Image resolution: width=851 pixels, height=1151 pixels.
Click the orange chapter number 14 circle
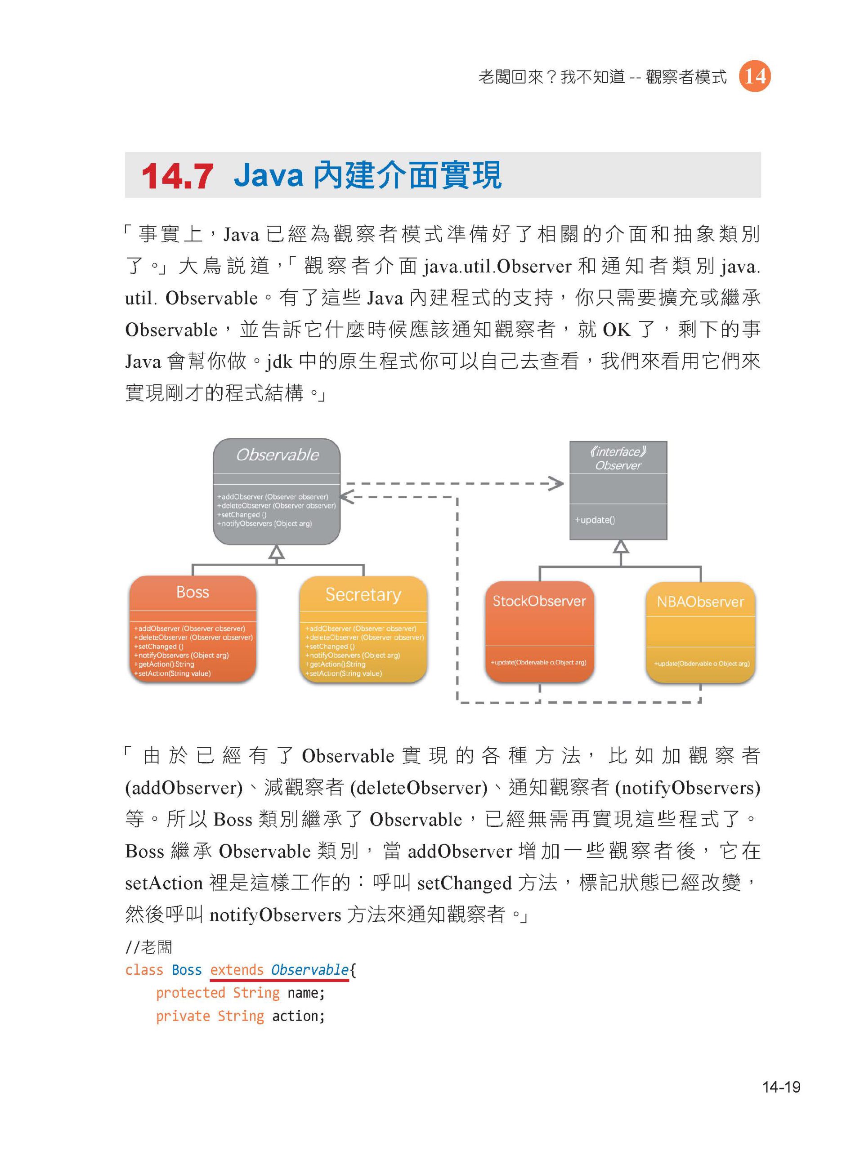tap(755, 76)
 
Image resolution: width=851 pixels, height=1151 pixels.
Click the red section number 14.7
tap(177, 176)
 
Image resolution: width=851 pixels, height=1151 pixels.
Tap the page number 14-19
tap(781, 1087)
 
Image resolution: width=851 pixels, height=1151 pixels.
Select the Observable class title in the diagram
tap(277, 455)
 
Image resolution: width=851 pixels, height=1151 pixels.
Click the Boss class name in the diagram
tap(193, 592)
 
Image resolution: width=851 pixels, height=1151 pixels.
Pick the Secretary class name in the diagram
tap(363, 595)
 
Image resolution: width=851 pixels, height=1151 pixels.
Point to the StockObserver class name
tap(539, 601)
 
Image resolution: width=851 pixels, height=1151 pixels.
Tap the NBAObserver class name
tap(700, 602)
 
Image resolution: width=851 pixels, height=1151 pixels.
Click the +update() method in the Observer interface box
tap(595, 520)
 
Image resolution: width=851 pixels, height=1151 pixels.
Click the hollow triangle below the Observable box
tap(277, 552)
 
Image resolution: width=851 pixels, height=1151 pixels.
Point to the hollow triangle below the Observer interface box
tap(621, 546)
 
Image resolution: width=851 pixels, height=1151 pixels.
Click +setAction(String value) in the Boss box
tap(173, 674)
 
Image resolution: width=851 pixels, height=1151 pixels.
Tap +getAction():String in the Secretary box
tap(336, 665)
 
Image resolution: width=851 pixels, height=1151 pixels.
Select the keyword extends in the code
tap(237, 970)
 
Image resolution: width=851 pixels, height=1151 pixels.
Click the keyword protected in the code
tap(191, 993)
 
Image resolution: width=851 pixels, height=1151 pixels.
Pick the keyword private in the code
tap(184, 1016)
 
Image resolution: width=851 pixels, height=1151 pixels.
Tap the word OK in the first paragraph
tap(617, 330)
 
